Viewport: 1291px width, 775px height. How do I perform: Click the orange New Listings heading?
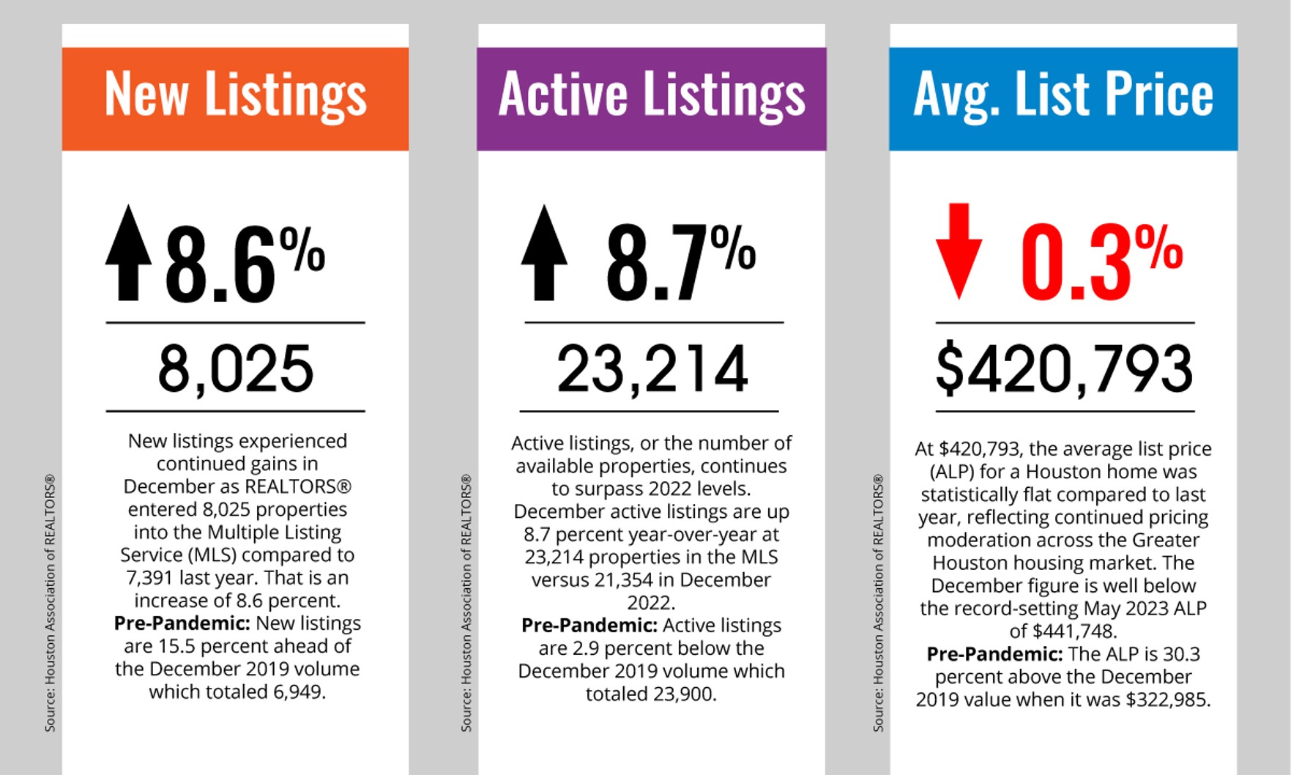235,95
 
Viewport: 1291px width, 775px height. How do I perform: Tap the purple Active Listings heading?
651,95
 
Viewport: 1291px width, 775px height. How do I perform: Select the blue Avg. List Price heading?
1063,95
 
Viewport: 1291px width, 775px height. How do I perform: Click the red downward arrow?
959,251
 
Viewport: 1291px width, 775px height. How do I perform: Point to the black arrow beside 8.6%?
129,253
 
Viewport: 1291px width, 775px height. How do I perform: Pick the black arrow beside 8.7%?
544,253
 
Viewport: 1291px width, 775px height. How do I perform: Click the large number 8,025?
236,368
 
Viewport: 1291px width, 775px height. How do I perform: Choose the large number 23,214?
652,368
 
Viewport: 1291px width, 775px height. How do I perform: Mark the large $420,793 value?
1064,368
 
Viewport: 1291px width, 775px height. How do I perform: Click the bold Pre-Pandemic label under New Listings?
182,623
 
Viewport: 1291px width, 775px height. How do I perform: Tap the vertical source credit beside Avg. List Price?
879,602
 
